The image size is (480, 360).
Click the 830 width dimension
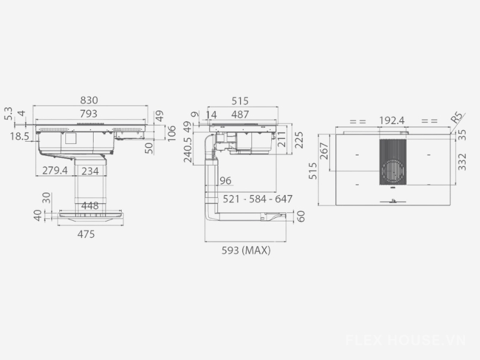coord(89,100)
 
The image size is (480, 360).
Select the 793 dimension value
coord(88,113)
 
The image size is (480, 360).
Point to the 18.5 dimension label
coord(19,136)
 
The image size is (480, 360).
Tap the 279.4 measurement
coord(55,170)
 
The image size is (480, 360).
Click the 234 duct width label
coord(90,171)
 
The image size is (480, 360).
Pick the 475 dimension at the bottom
coord(86,234)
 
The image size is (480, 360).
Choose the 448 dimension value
coord(89,206)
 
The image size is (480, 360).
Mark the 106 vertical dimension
coord(172,133)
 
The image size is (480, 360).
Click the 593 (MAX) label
coord(246,250)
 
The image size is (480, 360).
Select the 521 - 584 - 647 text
coord(257,199)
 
